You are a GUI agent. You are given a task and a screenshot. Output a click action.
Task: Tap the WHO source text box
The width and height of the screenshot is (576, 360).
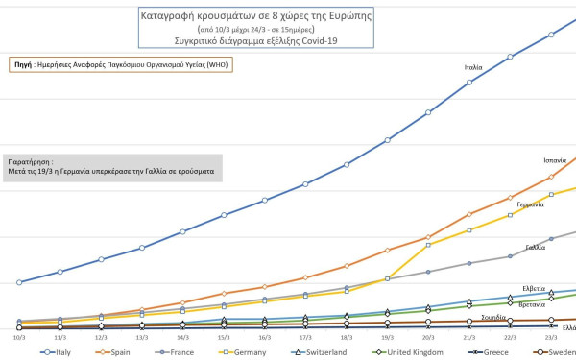point(121,64)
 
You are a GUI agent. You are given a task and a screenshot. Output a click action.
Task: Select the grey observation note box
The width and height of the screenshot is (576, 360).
point(112,167)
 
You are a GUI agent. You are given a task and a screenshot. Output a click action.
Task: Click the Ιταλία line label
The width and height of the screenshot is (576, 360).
point(472,68)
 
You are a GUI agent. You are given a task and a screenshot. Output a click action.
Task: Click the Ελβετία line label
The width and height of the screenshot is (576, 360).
point(534,288)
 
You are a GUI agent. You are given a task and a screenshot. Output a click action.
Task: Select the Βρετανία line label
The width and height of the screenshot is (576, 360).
point(532,303)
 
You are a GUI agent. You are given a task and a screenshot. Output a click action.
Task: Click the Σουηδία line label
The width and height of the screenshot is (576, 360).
point(493,316)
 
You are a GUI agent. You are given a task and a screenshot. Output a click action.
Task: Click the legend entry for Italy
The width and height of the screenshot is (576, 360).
point(59,352)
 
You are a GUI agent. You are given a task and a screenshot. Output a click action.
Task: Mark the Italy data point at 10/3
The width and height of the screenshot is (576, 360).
point(19,282)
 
